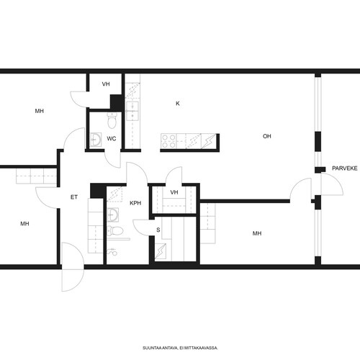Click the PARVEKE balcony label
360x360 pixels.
345,168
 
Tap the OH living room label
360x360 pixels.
267,136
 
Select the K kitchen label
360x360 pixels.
178,104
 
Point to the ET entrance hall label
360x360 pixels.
74,197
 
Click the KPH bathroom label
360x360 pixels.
135,203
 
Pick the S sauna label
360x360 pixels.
158,230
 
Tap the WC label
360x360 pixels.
112,139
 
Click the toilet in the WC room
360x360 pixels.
112,120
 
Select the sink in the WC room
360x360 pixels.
96,140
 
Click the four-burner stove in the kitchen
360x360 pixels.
168,141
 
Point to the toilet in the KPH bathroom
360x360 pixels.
115,231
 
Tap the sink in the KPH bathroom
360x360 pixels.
112,215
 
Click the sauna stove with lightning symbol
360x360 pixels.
161,251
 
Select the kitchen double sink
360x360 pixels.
132,111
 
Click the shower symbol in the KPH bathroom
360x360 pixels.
112,252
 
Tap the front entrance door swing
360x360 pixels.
73,267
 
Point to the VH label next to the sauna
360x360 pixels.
174,192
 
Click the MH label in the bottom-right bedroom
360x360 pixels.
257,233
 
